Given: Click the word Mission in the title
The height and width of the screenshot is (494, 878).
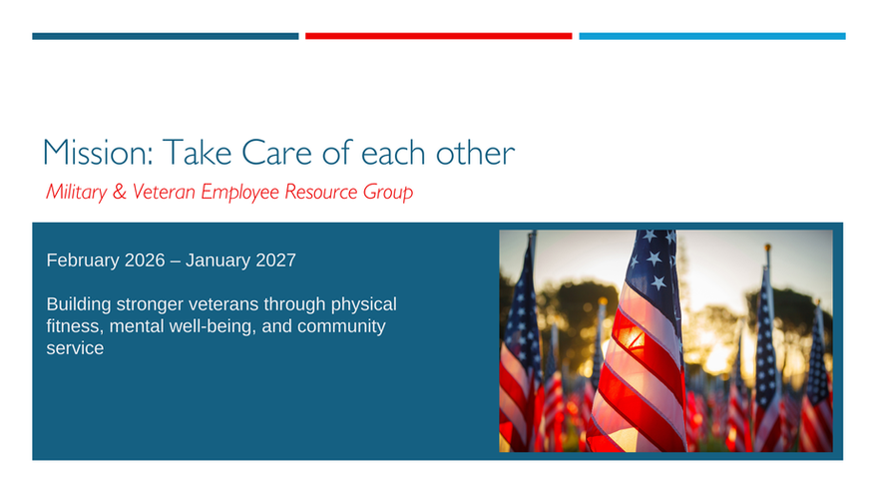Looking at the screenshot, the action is coord(98,153).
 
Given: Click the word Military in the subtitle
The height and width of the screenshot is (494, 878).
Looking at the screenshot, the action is coord(76,192).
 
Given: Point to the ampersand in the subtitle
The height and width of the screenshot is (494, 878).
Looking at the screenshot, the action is coord(120,192).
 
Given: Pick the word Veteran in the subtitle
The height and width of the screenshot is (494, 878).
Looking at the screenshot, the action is coord(164,192).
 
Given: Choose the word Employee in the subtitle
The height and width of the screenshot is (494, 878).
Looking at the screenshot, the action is coord(240,193).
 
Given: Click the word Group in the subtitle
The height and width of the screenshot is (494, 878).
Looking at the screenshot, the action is coord(388,193).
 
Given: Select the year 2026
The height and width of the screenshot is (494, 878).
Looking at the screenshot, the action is coord(145,260).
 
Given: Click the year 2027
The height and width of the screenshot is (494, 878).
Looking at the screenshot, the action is coord(275,260).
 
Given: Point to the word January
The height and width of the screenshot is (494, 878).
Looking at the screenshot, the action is coord(218,260).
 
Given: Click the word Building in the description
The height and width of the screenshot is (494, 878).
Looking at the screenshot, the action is coord(79,304).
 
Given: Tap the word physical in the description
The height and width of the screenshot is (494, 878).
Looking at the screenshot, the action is coord(363,304).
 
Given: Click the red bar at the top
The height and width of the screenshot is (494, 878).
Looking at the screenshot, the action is coord(438,36).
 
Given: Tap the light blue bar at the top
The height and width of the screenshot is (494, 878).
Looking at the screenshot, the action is coord(712,36).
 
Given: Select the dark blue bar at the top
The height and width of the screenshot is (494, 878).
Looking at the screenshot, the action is coord(166,36).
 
